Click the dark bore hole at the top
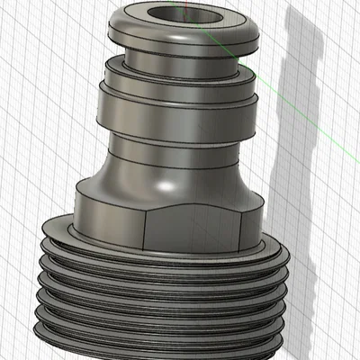pyautogui.click(x=179, y=16)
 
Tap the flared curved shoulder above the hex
pyautogui.click(x=135, y=175)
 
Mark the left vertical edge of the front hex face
pyautogui.click(x=147, y=230)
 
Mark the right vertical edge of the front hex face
pyautogui.click(x=241, y=225)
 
